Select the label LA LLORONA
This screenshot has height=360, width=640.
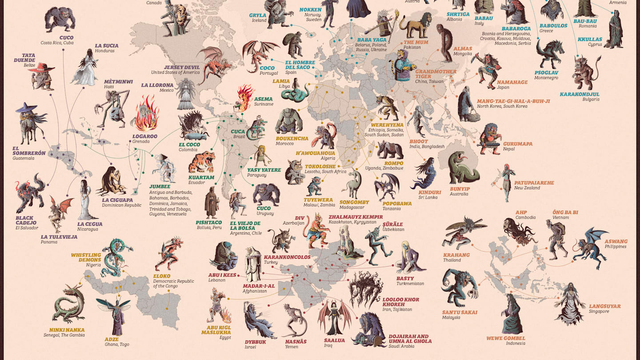(157, 85)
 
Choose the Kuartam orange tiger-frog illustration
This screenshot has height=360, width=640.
(201, 162)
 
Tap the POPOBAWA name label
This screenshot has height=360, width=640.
(397, 204)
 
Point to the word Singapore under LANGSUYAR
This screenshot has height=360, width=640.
(599, 312)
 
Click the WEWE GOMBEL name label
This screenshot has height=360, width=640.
(506, 338)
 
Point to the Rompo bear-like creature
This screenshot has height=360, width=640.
(390, 150)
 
